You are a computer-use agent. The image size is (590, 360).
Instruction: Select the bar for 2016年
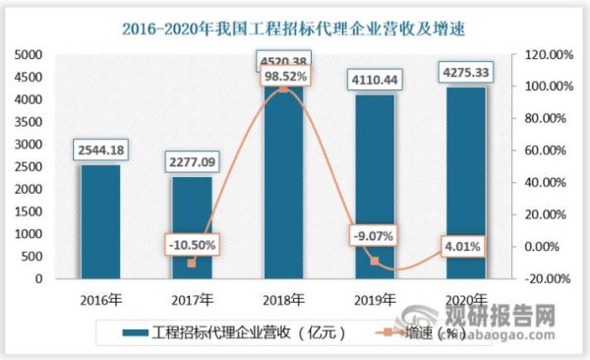[x=100, y=221]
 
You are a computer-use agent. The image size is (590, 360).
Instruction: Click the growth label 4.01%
[x=461, y=247]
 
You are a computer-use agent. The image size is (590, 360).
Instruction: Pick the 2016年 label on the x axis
[x=100, y=300]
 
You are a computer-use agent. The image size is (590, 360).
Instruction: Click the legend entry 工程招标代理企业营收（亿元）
[x=238, y=331]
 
